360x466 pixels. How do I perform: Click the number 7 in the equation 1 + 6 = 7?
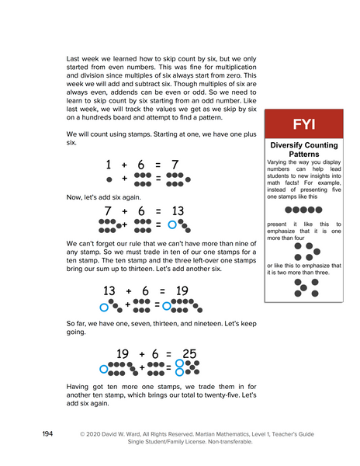point(175,165)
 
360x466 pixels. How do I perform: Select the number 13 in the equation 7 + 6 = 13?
point(177,211)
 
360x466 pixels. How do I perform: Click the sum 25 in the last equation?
point(185,353)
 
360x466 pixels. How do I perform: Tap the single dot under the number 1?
point(109,179)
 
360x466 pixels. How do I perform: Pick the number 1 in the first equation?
point(109,165)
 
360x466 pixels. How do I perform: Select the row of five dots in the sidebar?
point(303,210)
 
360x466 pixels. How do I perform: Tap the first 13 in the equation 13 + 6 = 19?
point(109,290)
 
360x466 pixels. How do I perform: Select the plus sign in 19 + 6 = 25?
point(142,354)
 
